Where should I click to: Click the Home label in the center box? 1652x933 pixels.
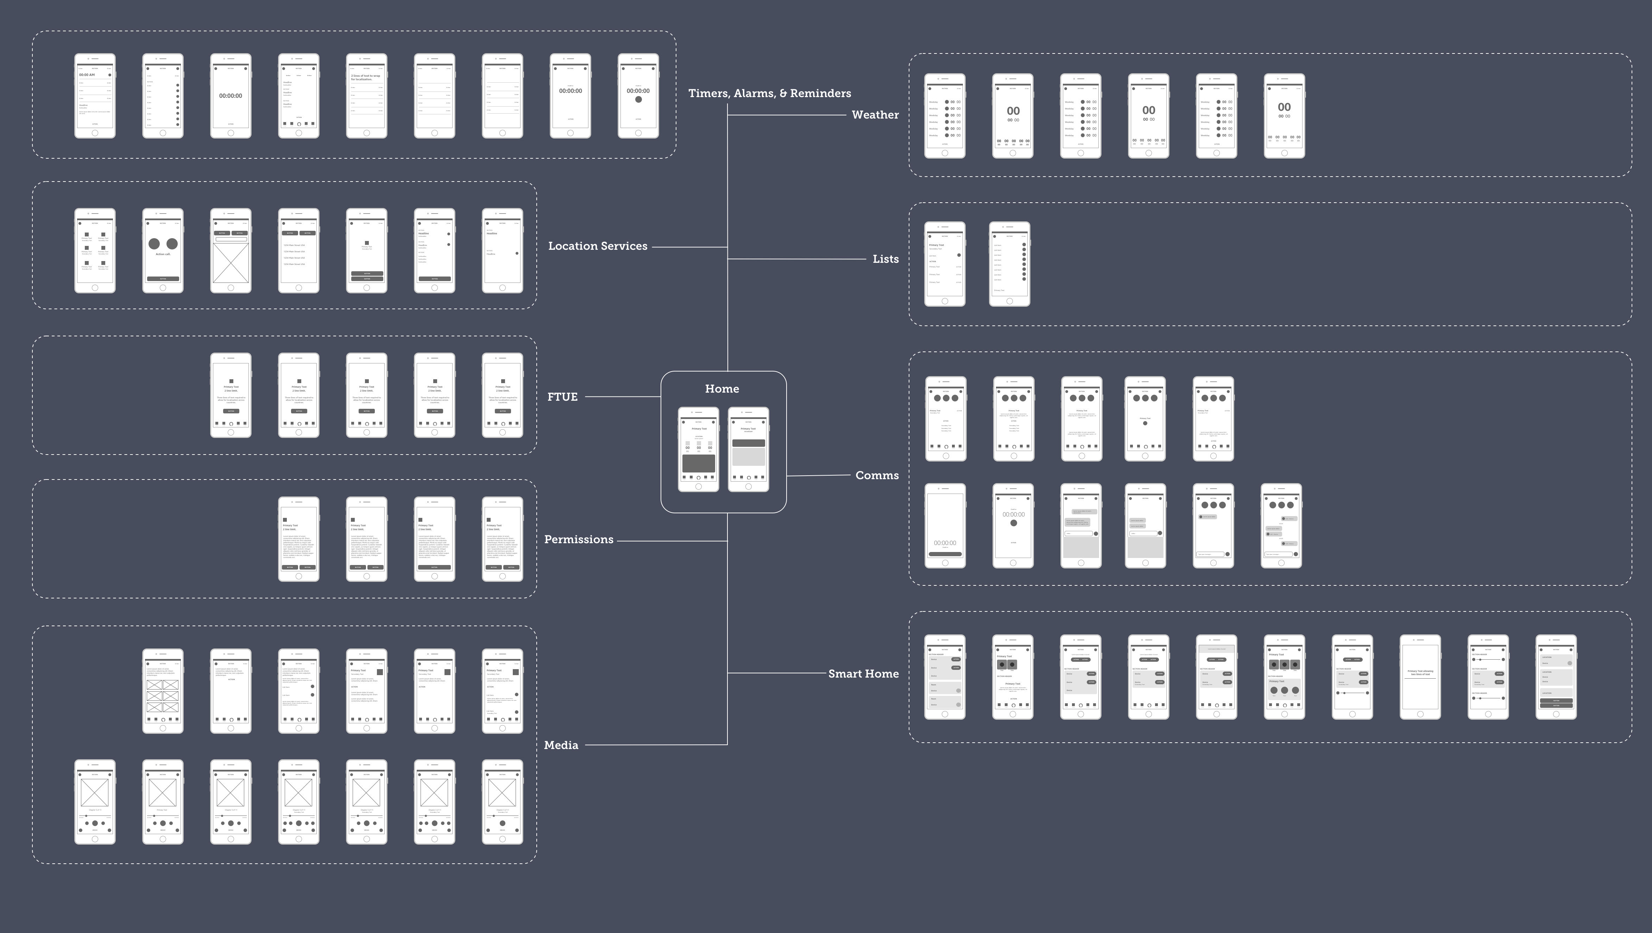click(x=721, y=389)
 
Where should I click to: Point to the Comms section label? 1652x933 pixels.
click(x=877, y=476)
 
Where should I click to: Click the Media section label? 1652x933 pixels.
click(x=561, y=745)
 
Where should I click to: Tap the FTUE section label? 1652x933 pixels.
click(x=562, y=397)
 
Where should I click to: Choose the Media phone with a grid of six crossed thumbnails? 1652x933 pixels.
click(x=163, y=691)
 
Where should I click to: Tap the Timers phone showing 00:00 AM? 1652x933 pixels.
click(x=95, y=96)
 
